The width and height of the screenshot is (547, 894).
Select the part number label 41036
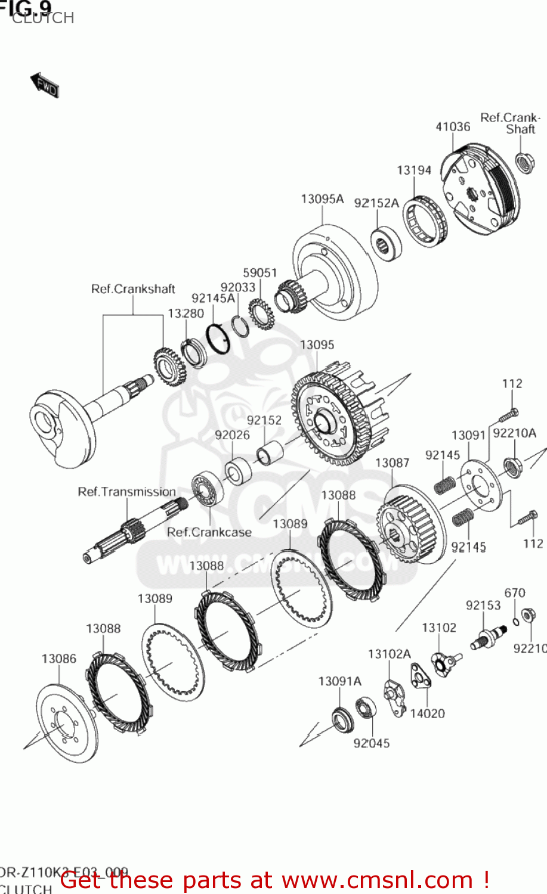coord(453,126)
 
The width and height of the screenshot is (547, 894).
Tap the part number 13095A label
coord(322,199)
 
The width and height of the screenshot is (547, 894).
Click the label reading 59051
coord(260,272)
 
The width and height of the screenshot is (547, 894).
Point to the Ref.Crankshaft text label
coord(133,289)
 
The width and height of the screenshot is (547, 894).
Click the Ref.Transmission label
coord(126,492)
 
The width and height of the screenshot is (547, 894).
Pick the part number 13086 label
coord(59,659)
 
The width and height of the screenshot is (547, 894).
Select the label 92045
coord(372,743)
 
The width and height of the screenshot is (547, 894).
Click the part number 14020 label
coord(428,713)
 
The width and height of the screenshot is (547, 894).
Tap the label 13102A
coord(390,654)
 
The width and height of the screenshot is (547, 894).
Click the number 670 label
coord(515,593)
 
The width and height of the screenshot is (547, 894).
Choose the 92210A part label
coord(515,433)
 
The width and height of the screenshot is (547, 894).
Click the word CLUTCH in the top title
coord(44,18)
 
